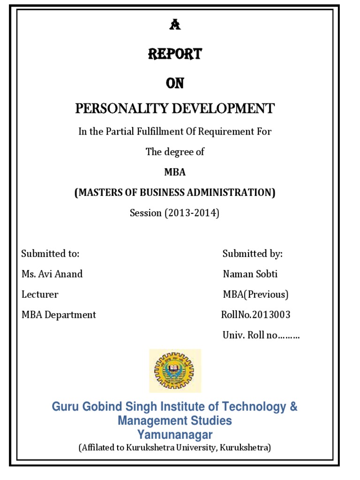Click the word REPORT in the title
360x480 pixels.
[x=175, y=54]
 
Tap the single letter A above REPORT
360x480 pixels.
[x=175, y=26]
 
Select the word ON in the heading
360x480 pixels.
[x=175, y=83]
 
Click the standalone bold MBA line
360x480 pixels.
[x=175, y=172]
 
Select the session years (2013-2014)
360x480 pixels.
[x=191, y=213]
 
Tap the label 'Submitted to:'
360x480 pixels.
[x=50, y=254]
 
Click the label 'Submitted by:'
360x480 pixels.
[x=253, y=254]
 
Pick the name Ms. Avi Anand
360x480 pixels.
[x=52, y=274]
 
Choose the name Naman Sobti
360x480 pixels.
[x=250, y=274]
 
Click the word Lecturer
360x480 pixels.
[x=40, y=294]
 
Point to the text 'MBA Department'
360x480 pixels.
[x=59, y=315]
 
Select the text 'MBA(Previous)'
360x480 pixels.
[x=255, y=294]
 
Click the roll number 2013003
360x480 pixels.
[x=270, y=315]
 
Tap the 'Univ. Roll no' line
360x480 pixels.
[x=261, y=335]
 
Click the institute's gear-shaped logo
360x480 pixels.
[x=175, y=370]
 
